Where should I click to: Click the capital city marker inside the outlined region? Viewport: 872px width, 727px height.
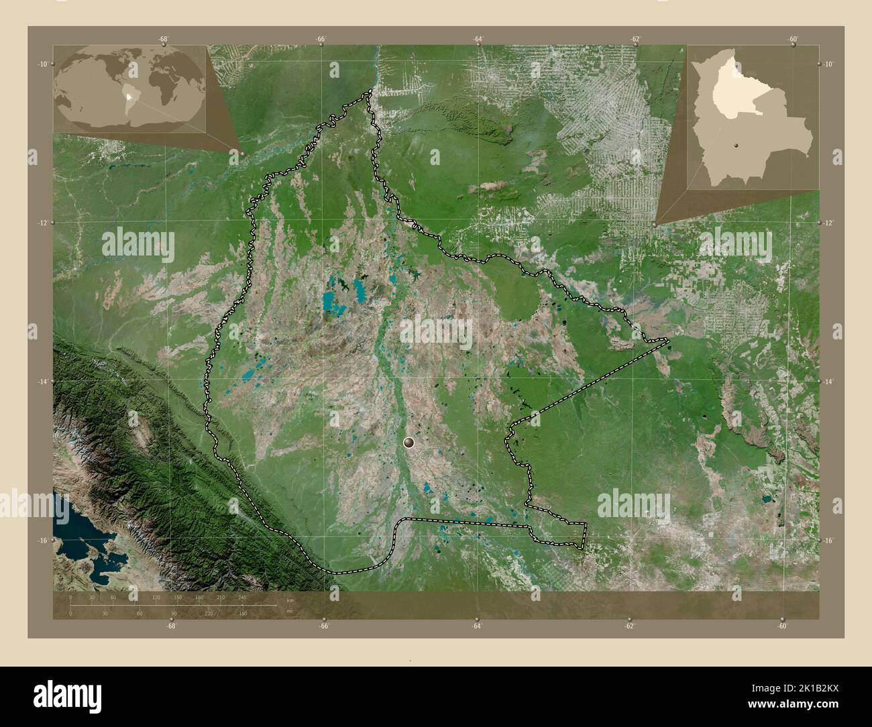(x=409, y=443)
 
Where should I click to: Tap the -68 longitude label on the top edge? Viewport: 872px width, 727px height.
(x=163, y=39)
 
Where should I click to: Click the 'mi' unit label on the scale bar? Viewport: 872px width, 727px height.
(x=289, y=611)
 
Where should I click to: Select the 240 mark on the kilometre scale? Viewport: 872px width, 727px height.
(x=241, y=597)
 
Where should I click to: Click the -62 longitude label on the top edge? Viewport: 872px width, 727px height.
(x=635, y=39)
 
